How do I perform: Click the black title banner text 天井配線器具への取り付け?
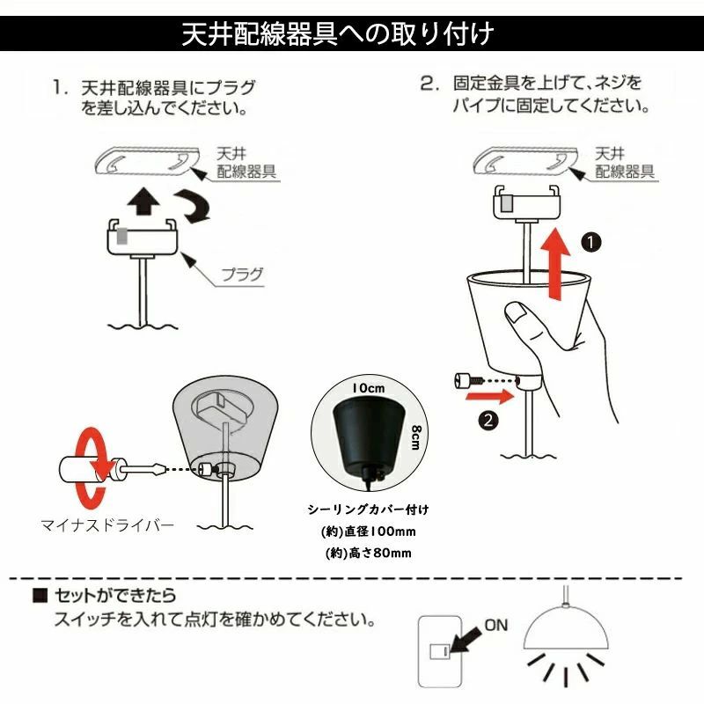(x=338, y=33)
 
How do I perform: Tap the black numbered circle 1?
(x=590, y=243)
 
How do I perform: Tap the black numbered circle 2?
(x=488, y=421)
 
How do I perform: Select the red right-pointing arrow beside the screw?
(x=490, y=397)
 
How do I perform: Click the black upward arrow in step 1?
(x=143, y=202)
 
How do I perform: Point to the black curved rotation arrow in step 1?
(x=193, y=206)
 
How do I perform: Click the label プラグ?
(x=242, y=275)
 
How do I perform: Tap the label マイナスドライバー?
(x=107, y=524)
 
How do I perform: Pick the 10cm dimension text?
(x=369, y=388)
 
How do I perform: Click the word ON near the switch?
(x=496, y=625)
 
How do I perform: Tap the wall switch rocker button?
(x=439, y=651)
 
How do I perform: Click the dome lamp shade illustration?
(x=566, y=627)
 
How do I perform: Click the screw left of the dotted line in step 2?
(x=466, y=381)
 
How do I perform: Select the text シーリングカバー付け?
(x=368, y=510)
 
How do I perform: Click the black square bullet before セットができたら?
(x=40, y=596)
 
